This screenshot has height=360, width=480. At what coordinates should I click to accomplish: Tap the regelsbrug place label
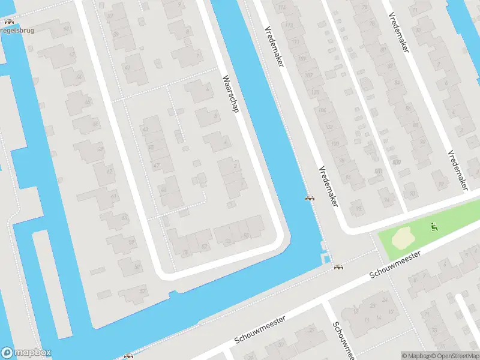[x=18, y=30]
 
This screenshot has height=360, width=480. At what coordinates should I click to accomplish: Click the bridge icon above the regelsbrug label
[x=8, y=22]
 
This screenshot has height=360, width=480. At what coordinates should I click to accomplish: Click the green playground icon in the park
[x=433, y=227]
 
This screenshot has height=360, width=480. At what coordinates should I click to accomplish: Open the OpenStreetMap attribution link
[x=456, y=356]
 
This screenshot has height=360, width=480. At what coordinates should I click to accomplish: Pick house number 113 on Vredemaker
[x=289, y=26]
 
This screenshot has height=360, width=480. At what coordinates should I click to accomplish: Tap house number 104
[x=322, y=110]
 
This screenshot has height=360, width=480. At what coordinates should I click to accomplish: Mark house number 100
[x=335, y=144]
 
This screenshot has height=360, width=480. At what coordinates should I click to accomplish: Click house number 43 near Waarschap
[x=145, y=129]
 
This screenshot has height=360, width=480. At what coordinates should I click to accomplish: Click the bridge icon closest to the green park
[x=339, y=267]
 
